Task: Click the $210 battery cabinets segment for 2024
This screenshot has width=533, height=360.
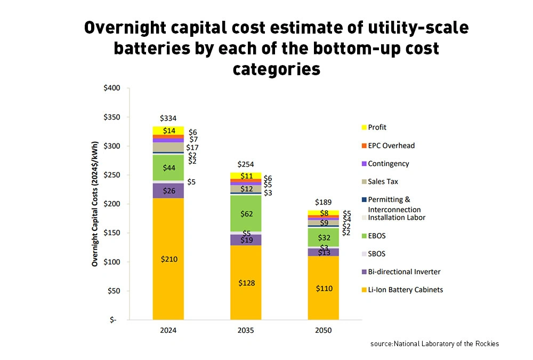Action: click(x=168, y=259)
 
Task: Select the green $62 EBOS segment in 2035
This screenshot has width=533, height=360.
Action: click(x=246, y=213)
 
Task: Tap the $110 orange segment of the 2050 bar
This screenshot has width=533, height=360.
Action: click(x=324, y=289)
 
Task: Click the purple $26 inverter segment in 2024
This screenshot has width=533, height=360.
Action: click(x=168, y=190)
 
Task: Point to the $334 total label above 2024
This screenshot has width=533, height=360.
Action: click(x=168, y=118)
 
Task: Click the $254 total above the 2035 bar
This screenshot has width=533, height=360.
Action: click(x=246, y=165)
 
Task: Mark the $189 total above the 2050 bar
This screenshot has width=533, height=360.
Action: click(x=324, y=202)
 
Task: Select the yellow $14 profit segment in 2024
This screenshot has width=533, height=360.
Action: click(x=168, y=131)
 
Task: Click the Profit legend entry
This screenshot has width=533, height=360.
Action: click(x=377, y=127)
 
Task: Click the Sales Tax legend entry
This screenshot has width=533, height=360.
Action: click(x=383, y=182)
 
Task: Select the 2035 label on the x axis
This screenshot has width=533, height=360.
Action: click(x=246, y=330)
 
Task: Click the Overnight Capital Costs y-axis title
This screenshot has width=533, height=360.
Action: click(x=95, y=204)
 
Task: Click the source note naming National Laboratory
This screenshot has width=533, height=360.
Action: click(x=434, y=344)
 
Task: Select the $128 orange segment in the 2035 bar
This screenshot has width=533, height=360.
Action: click(x=246, y=283)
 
